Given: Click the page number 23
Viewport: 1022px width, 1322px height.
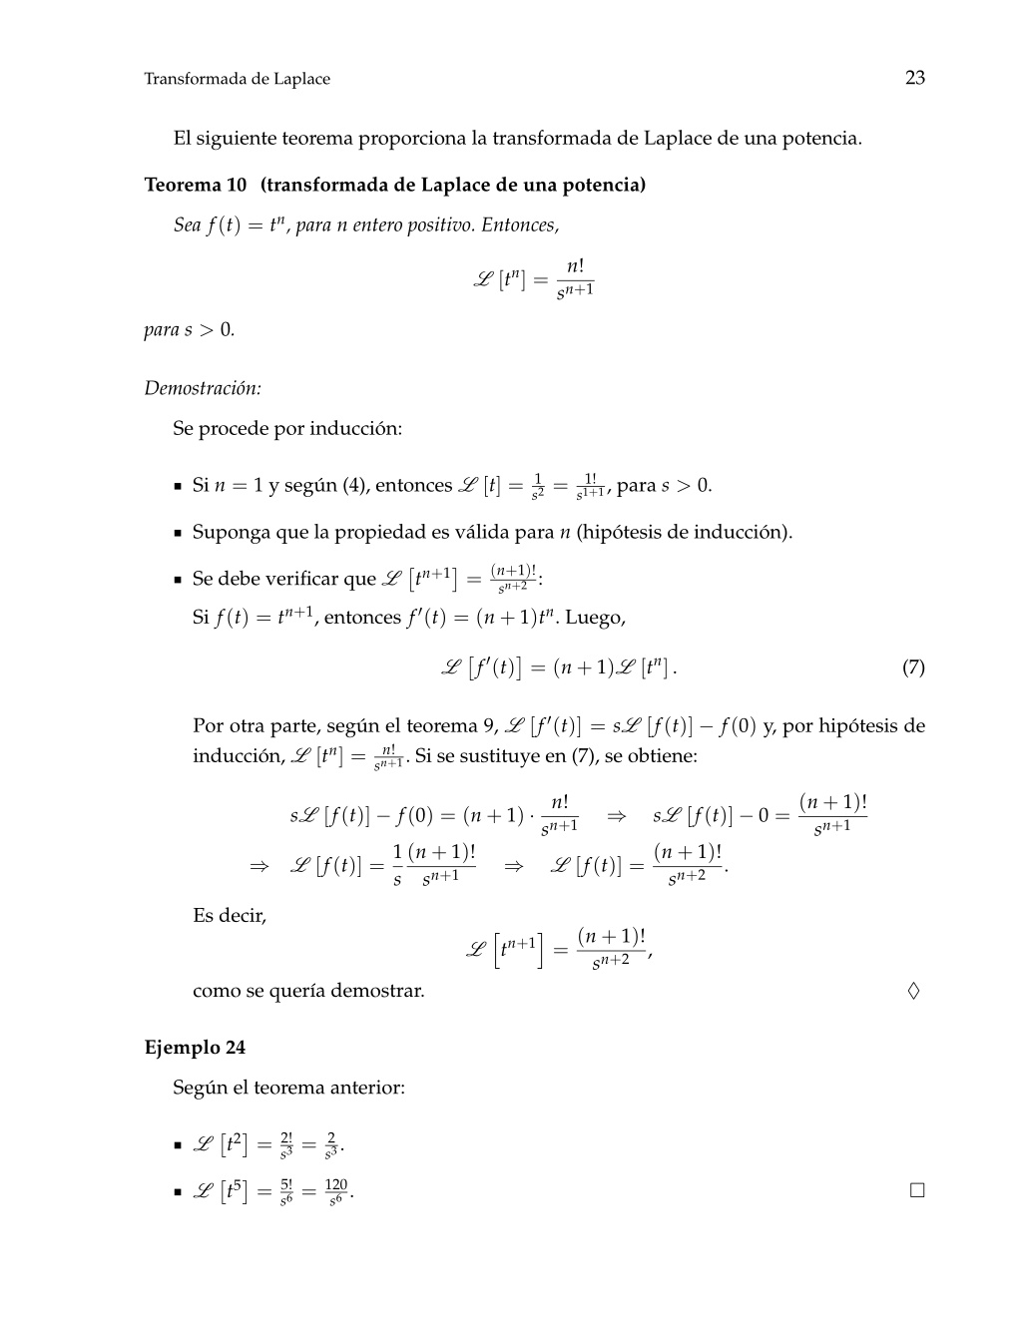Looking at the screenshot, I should pyautogui.click(x=914, y=78).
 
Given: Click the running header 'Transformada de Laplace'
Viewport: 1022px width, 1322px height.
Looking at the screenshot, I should pyautogui.click(x=237, y=79).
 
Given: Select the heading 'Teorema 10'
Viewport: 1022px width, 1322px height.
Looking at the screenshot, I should pyautogui.click(x=196, y=185).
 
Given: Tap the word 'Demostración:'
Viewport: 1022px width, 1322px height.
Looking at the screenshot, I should pyautogui.click(x=203, y=387).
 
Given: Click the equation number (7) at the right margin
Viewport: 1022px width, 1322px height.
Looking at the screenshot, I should pyautogui.click(x=913, y=667).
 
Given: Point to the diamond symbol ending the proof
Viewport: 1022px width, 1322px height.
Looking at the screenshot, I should pyautogui.click(x=913, y=991).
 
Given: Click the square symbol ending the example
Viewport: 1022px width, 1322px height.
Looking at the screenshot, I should pyautogui.click(x=917, y=1190).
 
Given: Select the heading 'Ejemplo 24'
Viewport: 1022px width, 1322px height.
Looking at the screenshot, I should pyautogui.click(x=195, y=1047).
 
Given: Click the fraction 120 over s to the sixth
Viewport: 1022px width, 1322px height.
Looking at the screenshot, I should pyautogui.click(x=336, y=1191).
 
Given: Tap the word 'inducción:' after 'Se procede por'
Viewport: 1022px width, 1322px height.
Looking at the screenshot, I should pyautogui.click(x=355, y=429).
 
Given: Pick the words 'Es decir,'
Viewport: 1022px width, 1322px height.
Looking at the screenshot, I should pyautogui.click(x=230, y=915).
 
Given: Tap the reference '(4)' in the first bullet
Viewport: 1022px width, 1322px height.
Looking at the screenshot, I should pyautogui.click(x=355, y=486).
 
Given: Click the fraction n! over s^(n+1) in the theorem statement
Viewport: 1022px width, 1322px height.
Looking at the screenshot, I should pyautogui.click(x=575, y=278).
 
